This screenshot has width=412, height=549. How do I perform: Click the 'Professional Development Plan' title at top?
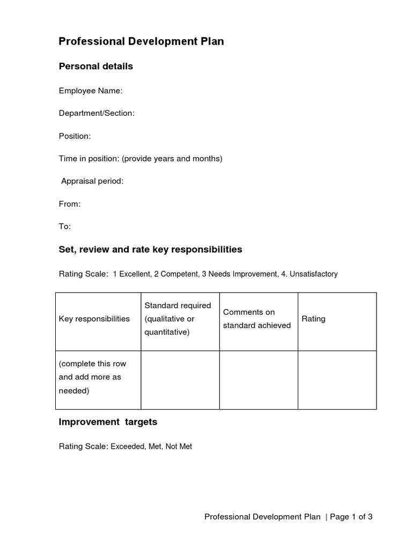pos(141,41)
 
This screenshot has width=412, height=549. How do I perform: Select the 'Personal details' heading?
pos(95,66)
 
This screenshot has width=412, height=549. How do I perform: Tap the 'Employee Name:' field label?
pos(91,91)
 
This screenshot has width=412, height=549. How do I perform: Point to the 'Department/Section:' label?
pos(97,113)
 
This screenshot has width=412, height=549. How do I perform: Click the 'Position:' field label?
pos(75,136)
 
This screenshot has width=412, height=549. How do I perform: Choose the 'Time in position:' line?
pos(140,159)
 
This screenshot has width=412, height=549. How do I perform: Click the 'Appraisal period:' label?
pos(92,181)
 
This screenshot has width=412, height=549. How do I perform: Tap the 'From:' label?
pos(70,204)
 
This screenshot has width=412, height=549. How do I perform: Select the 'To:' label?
pos(64,226)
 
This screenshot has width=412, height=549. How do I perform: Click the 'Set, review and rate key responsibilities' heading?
pos(150,249)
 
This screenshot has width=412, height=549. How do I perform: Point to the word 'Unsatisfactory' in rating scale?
pos(313,274)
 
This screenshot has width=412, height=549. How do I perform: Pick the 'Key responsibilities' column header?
pos(94,319)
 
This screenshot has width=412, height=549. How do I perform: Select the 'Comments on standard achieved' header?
pos(257,319)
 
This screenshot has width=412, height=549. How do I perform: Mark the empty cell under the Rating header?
pos(337,380)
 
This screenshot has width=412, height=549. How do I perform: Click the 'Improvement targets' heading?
pos(108,422)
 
